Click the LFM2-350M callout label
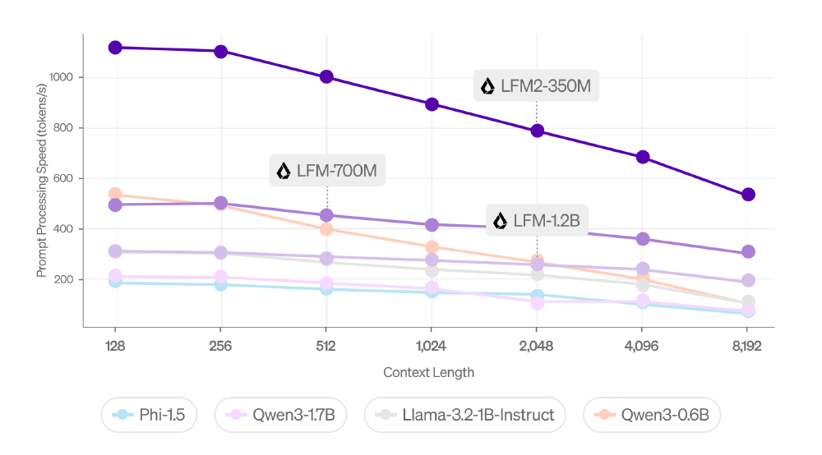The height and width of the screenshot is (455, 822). click(537, 86)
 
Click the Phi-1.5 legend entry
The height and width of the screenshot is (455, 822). click(150, 416)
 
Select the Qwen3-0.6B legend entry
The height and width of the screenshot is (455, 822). click(652, 416)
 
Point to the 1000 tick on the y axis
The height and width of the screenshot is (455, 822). click(63, 77)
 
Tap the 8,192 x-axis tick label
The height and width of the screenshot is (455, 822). click(747, 347)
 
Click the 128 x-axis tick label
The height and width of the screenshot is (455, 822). click(115, 347)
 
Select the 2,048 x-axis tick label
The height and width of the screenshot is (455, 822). click(537, 347)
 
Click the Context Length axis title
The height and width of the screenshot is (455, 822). click(428, 372)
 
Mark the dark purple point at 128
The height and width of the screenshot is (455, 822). click(115, 48)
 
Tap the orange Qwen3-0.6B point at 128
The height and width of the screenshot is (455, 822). click(115, 195)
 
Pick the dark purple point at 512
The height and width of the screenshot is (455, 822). click(326, 77)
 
